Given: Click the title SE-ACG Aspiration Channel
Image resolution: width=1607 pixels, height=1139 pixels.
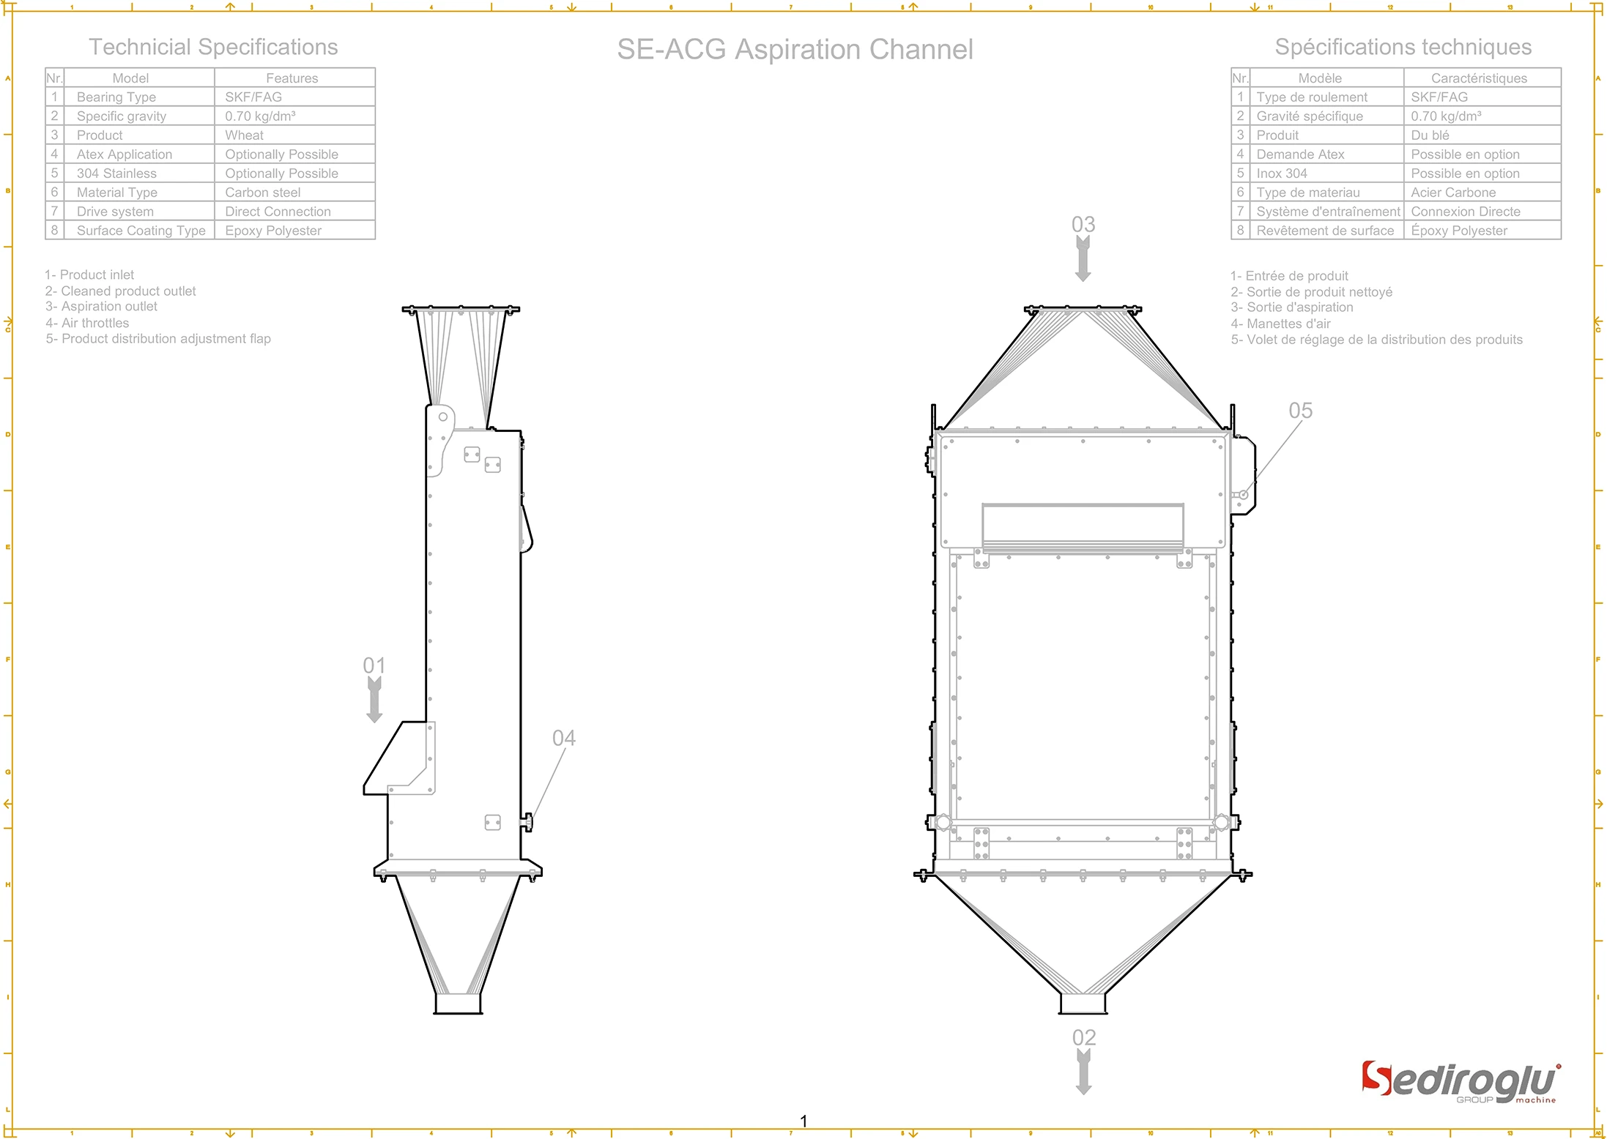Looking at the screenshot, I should [x=795, y=50].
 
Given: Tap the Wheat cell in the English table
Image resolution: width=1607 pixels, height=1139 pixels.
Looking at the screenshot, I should [x=244, y=135].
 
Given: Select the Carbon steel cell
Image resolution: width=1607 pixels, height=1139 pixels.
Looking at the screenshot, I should [x=262, y=193].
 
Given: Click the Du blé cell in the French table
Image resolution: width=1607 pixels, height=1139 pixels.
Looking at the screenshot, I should [x=1430, y=135].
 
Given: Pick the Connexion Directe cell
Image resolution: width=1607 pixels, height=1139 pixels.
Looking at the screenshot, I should [x=1465, y=212].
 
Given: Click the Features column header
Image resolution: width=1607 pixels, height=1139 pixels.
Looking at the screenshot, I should [x=292, y=78].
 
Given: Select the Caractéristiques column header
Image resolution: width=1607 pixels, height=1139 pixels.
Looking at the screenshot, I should [x=1479, y=78].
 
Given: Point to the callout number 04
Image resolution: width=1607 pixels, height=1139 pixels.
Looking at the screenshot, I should [x=563, y=738].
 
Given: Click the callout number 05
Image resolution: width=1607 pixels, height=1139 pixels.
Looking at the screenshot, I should [x=1300, y=411].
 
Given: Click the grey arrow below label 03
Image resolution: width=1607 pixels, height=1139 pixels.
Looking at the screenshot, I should [x=1083, y=260].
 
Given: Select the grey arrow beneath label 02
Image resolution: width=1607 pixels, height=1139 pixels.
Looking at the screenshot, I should [x=1083, y=1072].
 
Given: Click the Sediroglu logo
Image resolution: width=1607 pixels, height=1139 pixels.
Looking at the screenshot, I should [x=1461, y=1083].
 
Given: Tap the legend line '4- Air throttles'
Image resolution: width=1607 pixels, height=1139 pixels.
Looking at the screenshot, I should [x=87, y=323].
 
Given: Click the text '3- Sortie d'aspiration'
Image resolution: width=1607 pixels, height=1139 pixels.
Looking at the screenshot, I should [x=1292, y=307].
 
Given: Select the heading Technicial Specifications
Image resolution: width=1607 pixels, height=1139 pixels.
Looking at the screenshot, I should [x=213, y=48].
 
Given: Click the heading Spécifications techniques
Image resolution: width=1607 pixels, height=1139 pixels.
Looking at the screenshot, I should [x=1403, y=48].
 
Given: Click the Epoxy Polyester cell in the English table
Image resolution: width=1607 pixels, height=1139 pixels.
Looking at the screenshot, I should [x=273, y=231].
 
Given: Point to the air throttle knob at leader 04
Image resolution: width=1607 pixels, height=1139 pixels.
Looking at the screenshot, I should [x=527, y=823].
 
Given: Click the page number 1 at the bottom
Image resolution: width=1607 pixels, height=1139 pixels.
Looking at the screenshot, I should [x=803, y=1121].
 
